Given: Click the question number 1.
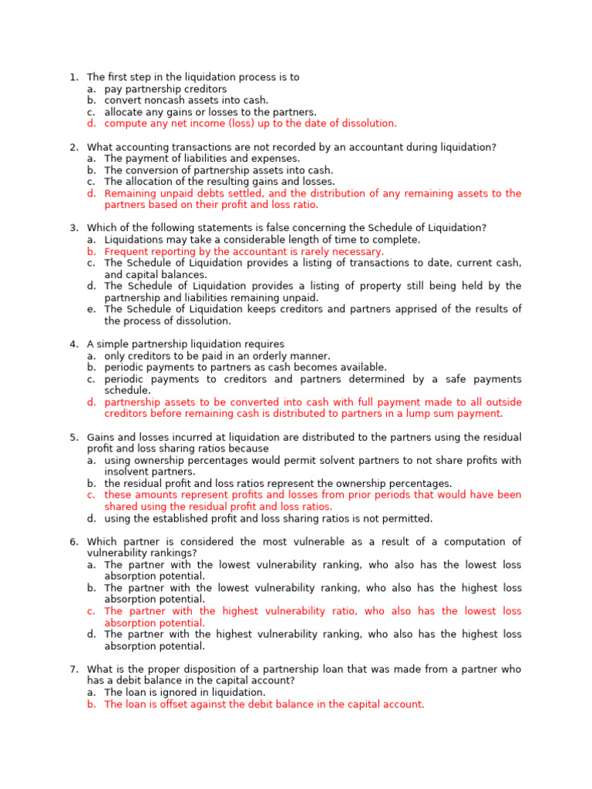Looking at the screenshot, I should (73, 77).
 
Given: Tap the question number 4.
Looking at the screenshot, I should (73, 344).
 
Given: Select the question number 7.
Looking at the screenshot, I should (73, 669).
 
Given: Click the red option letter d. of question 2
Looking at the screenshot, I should (91, 193).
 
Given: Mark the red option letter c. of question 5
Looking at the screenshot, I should (91, 495).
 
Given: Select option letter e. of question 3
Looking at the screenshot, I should (91, 309).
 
